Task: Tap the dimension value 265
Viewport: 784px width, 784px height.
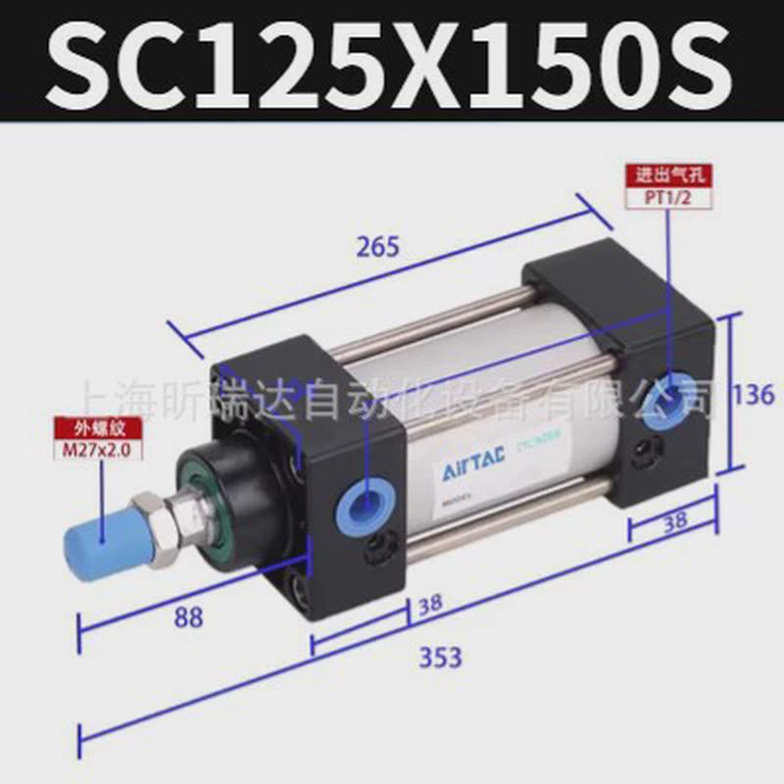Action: coord(377,247)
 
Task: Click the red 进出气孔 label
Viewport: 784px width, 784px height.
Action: coord(669,176)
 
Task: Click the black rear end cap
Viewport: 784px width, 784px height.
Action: coord(627,372)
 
